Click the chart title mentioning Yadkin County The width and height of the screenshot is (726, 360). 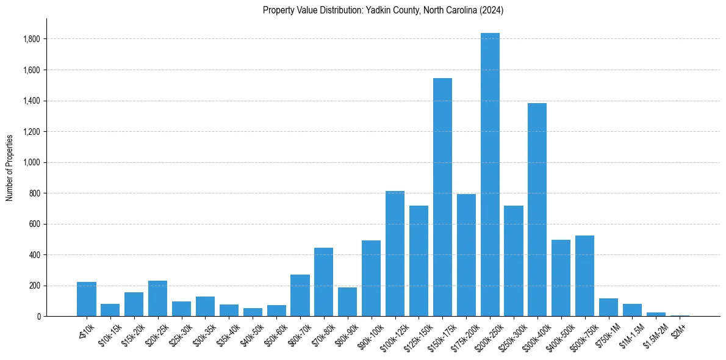[383, 10]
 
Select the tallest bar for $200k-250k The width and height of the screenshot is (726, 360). [490, 175]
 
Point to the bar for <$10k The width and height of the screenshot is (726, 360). [87, 299]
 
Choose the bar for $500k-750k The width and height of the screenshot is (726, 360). [584, 276]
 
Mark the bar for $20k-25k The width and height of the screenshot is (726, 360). [157, 298]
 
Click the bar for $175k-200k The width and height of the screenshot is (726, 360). [466, 255]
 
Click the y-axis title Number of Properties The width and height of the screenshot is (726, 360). [10, 167]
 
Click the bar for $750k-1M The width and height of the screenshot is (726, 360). [608, 307]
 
